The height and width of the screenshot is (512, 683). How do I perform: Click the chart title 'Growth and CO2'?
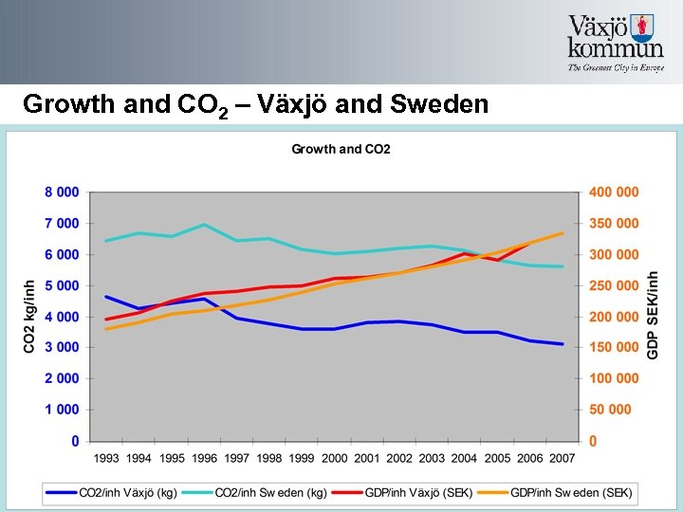[341, 149]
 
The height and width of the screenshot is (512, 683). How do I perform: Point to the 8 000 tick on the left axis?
[62, 192]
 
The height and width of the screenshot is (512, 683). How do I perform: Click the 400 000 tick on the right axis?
[614, 192]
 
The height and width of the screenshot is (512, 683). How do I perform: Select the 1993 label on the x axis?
[106, 458]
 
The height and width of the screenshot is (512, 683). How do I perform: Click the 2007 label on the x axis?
[563, 458]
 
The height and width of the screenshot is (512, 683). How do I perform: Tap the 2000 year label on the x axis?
[335, 458]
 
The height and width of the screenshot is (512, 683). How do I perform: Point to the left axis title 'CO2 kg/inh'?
[29, 316]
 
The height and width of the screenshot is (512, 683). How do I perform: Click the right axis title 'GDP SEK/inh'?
[653, 316]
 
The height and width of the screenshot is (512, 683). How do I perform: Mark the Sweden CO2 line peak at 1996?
[204, 225]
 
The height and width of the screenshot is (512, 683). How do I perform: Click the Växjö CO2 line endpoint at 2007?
[563, 344]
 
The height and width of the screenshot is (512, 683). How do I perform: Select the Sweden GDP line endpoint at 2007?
[563, 233]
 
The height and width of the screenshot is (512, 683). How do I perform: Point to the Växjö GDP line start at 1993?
[106, 320]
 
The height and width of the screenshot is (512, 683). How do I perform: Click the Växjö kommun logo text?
[615, 38]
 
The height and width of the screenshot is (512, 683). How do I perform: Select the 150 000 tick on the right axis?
[614, 347]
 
